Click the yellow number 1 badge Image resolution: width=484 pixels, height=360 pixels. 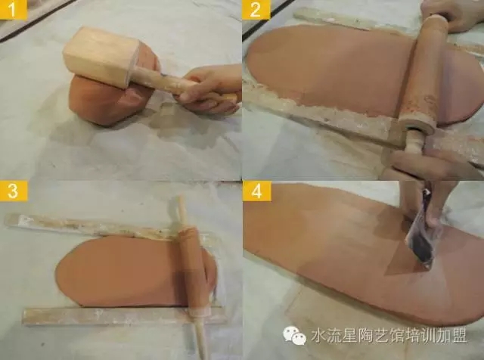tap(14, 9)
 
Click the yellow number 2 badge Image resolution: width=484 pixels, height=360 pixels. tap(256, 9)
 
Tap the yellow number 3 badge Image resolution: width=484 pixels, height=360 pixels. tap(14, 191)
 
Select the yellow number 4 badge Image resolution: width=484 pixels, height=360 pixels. tap(257, 191)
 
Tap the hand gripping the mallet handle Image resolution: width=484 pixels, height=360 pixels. tap(210, 89)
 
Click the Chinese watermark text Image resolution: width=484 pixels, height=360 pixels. tap(389, 336)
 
